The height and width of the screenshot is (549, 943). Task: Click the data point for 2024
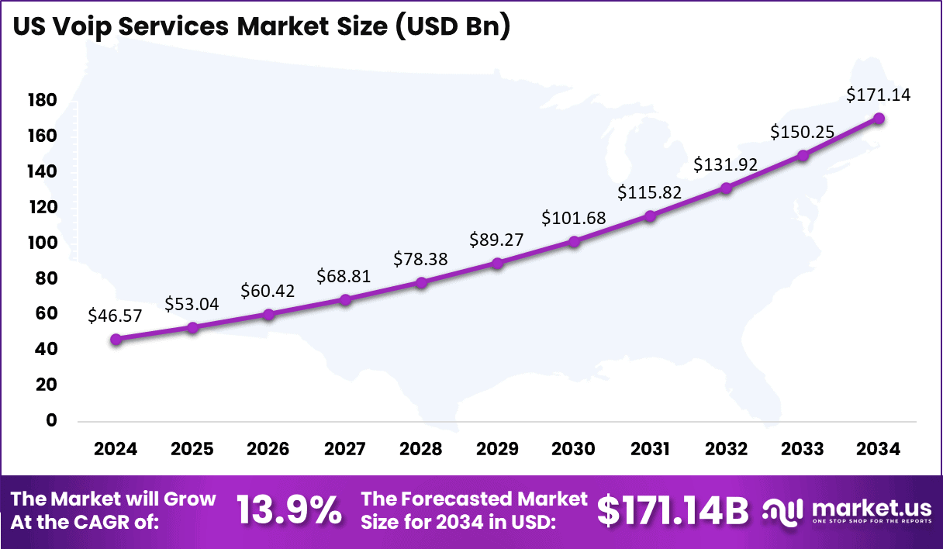click(116, 339)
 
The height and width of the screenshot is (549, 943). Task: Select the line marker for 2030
click(574, 241)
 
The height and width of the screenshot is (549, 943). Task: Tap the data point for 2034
click(879, 118)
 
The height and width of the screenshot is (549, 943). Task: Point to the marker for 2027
click(345, 299)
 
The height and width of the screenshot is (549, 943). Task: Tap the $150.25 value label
click(803, 132)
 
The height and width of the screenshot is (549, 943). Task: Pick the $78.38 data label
click(421, 258)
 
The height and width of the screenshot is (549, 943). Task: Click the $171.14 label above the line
click(879, 95)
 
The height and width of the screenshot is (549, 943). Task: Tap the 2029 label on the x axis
click(498, 449)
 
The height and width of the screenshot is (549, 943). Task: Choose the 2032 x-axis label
click(727, 449)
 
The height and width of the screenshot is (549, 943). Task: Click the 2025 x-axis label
click(192, 449)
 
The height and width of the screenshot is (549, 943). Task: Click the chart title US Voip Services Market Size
click(261, 26)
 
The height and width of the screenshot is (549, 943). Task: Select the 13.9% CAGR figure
click(289, 509)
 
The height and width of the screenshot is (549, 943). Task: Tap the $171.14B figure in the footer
click(672, 509)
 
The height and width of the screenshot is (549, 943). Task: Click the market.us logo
click(847, 511)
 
